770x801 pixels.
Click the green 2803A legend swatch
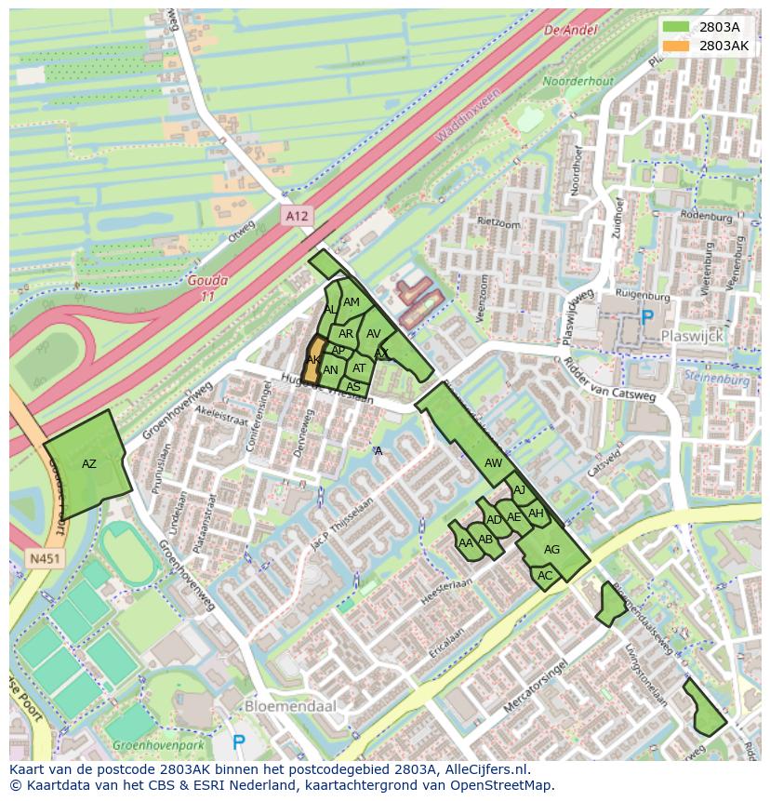[x=676, y=26]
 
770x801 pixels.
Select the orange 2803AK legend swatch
[x=676, y=45]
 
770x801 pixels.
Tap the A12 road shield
[x=296, y=216]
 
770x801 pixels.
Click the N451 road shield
[x=42, y=559]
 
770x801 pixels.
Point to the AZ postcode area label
[x=89, y=463]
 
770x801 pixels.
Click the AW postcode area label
[x=493, y=462]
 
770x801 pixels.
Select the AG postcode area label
[x=551, y=550]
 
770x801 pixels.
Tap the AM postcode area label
[x=351, y=302]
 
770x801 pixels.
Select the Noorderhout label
[x=577, y=82]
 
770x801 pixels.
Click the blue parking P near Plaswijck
[x=646, y=319]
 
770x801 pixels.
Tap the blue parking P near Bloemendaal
[x=239, y=741]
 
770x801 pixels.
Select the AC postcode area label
[x=545, y=576]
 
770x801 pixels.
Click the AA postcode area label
[x=466, y=541]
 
